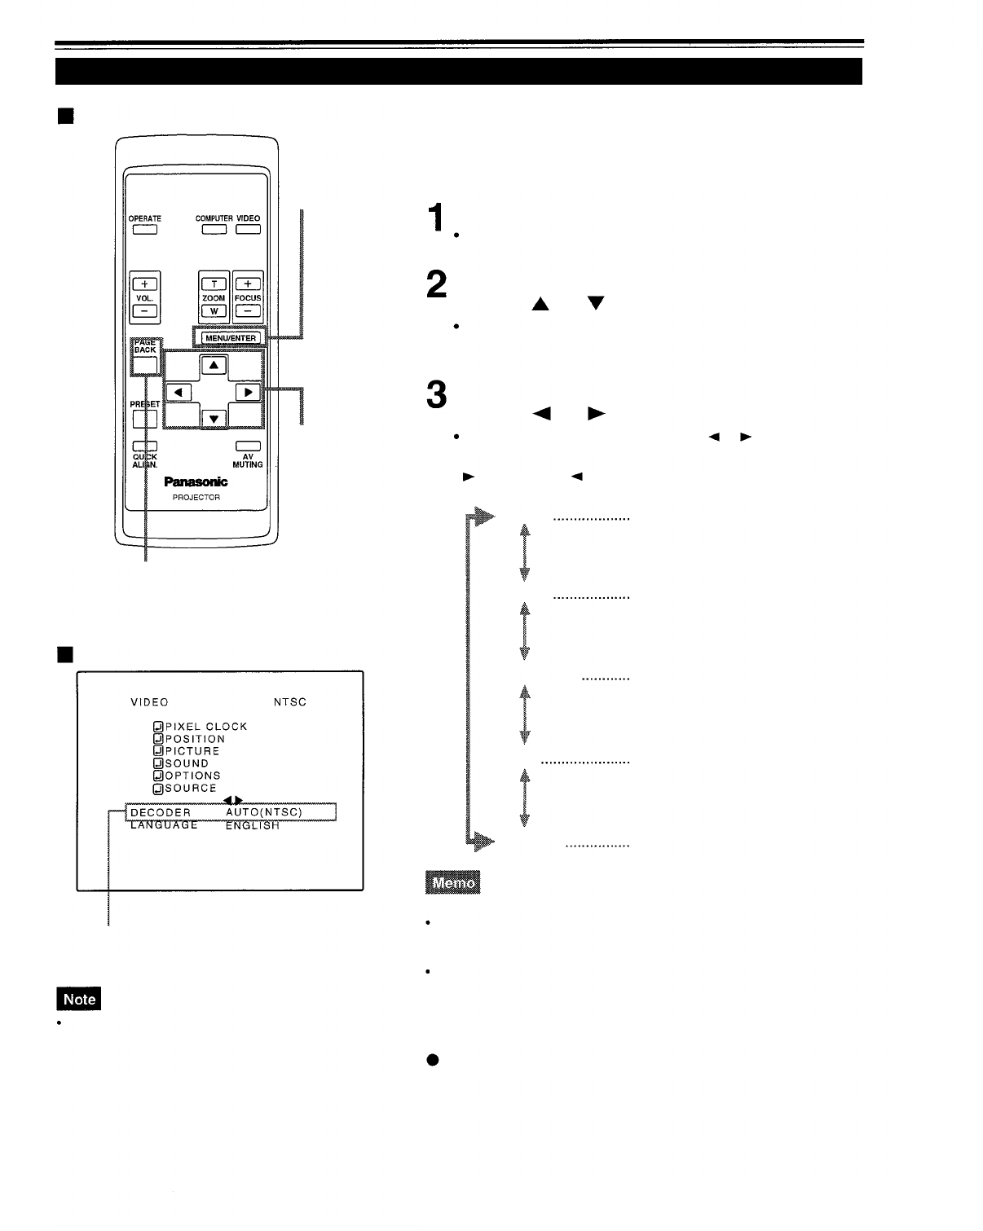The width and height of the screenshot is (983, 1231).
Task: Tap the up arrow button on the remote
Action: (x=214, y=366)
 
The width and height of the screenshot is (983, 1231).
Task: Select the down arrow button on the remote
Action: (x=214, y=419)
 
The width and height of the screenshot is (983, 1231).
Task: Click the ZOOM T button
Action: (x=214, y=284)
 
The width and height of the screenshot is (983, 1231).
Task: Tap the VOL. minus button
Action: (x=144, y=310)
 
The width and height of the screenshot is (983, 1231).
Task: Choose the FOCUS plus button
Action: (x=248, y=284)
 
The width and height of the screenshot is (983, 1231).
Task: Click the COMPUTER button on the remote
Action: (x=214, y=229)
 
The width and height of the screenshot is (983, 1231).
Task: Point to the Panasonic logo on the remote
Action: (x=196, y=481)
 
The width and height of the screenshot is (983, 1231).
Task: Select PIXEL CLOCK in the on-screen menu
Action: (x=205, y=727)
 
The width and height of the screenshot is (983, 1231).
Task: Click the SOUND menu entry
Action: (x=187, y=763)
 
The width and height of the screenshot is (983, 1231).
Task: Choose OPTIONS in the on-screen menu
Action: (x=192, y=776)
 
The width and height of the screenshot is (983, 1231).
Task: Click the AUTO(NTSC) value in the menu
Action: (x=264, y=812)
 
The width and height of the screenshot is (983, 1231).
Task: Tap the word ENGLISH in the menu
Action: (x=253, y=825)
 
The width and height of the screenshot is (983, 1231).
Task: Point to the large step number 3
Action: (x=437, y=396)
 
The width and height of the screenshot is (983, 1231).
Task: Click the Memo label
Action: (x=452, y=883)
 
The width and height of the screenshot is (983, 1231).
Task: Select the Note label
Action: (x=79, y=999)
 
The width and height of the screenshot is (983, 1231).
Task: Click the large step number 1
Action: (x=438, y=218)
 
